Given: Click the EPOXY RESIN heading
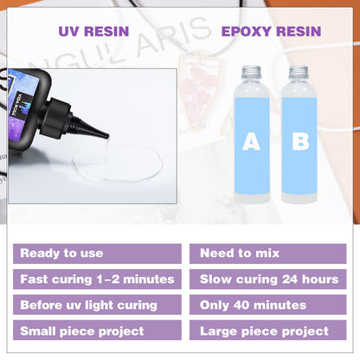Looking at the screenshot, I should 273,31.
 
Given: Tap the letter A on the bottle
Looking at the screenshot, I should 251,142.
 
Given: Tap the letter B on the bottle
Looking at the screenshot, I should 300,142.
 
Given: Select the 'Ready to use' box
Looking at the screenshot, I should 97,254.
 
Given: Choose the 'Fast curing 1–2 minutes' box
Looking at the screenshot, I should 97,280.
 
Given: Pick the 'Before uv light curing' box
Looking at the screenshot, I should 97,305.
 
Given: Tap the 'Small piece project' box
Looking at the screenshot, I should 97,331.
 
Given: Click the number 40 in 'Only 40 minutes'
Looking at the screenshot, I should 245,305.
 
